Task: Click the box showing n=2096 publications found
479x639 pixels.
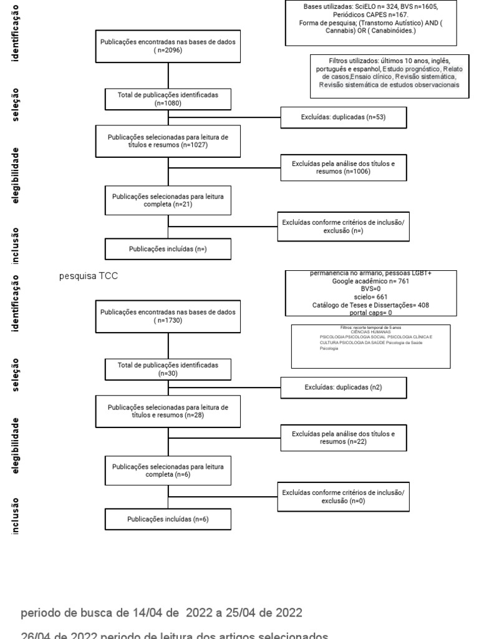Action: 168,46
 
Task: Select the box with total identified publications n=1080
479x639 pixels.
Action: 168,99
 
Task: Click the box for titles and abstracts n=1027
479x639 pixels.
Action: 168,140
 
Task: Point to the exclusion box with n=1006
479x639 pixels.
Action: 343,167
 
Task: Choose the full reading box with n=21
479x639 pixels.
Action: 168,200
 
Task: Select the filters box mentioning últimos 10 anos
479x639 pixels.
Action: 389,76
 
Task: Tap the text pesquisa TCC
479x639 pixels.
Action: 88,275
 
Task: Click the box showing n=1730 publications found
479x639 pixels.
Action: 168,316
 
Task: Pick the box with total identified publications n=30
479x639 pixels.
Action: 168,369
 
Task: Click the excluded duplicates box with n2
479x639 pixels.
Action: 343,387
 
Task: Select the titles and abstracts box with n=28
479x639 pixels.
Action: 168,411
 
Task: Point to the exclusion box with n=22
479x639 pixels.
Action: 343,437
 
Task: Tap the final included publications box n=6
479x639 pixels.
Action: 168,519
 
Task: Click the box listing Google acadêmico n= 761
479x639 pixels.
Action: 370,293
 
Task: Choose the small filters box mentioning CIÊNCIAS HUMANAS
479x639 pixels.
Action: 370,346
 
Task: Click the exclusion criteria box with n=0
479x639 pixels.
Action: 343,497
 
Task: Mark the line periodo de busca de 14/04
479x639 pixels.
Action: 162,613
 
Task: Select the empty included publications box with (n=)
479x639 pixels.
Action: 168,249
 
